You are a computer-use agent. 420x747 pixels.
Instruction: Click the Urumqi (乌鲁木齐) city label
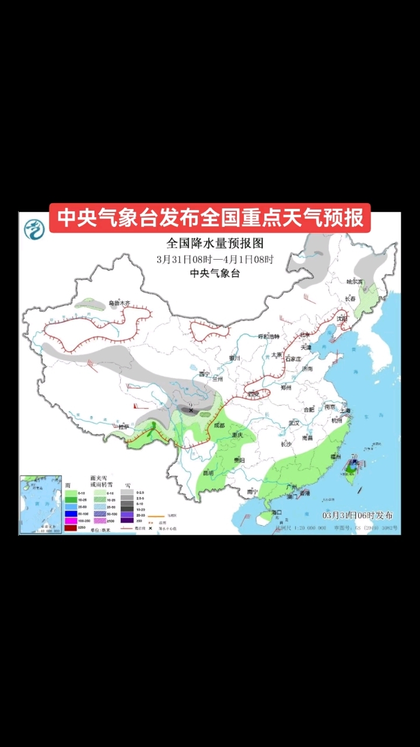[120, 303]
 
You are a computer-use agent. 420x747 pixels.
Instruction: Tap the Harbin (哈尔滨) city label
[355, 281]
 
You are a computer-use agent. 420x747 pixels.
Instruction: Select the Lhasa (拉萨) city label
[124, 427]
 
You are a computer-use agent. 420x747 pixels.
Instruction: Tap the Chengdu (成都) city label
[219, 425]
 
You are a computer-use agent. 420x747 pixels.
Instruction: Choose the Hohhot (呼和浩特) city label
[269, 337]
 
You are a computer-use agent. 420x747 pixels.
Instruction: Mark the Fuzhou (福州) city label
[335, 456]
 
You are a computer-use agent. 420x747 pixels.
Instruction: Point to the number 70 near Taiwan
[354, 456]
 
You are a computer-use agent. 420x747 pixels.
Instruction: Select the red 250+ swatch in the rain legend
[71, 528]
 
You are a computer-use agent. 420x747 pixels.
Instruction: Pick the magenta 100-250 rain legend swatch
[71, 521]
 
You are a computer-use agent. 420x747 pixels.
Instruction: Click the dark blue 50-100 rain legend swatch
[71, 514]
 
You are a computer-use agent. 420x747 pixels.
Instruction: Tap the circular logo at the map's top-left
[34, 228]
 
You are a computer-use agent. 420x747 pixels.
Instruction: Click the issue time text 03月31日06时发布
[358, 515]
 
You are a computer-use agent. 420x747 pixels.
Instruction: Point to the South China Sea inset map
[40, 504]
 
